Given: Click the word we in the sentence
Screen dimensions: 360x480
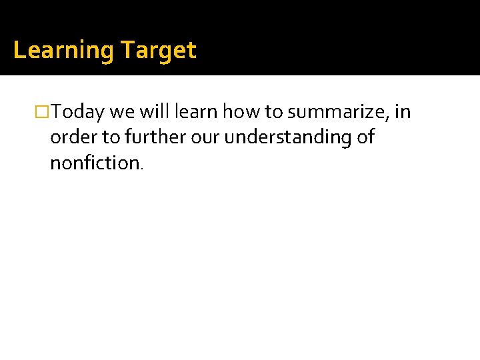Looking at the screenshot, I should click(x=122, y=112).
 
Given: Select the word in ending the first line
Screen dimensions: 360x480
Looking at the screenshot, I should click(x=403, y=111).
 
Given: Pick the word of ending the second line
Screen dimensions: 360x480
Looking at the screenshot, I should click(x=366, y=137).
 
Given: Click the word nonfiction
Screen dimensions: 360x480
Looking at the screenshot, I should click(x=94, y=162).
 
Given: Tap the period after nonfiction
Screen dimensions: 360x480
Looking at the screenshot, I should click(x=141, y=167).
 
